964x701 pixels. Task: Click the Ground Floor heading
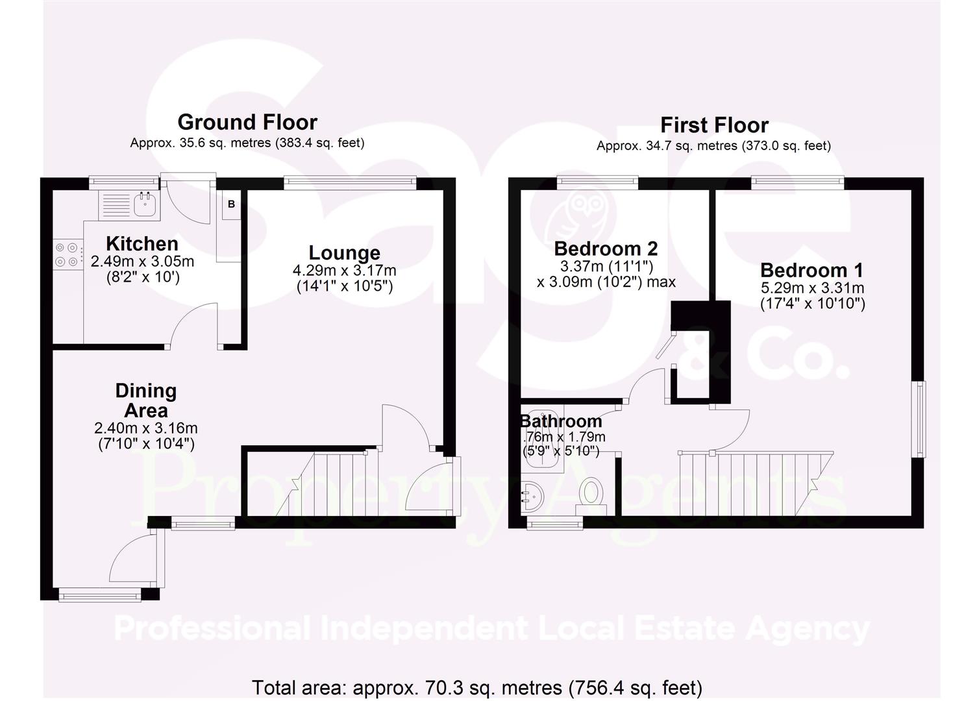tap(247, 122)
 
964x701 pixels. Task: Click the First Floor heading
tap(714, 125)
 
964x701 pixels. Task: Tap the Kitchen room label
tap(142, 243)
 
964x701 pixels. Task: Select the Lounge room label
tap(344, 252)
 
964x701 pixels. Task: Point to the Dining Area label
tap(145, 400)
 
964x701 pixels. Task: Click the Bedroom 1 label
tap(812, 270)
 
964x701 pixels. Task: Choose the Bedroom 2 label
tap(606, 249)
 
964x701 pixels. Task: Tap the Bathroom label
tap(561, 421)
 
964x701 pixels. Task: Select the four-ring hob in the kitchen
tap(68, 254)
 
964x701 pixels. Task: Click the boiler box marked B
tap(231, 204)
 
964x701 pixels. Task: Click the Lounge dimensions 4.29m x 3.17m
tap(344, 270)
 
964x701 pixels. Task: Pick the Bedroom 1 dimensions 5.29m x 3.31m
tap(812, 288)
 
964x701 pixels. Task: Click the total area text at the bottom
tap(476, 687)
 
